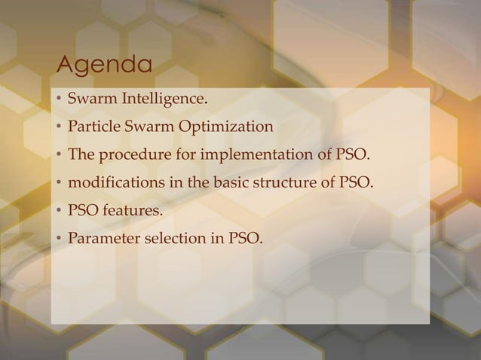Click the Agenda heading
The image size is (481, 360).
[104, 66]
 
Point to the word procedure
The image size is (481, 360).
[130, 155]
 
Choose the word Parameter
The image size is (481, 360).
[100, 240]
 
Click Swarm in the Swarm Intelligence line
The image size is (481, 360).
[89, 99]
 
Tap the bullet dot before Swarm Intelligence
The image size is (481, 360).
[58, 99]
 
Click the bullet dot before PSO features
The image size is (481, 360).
[58, 212]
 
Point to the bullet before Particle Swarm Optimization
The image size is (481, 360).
[58, 127]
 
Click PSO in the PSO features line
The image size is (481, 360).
[83, 212]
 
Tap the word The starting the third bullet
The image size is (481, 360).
[80, 155]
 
